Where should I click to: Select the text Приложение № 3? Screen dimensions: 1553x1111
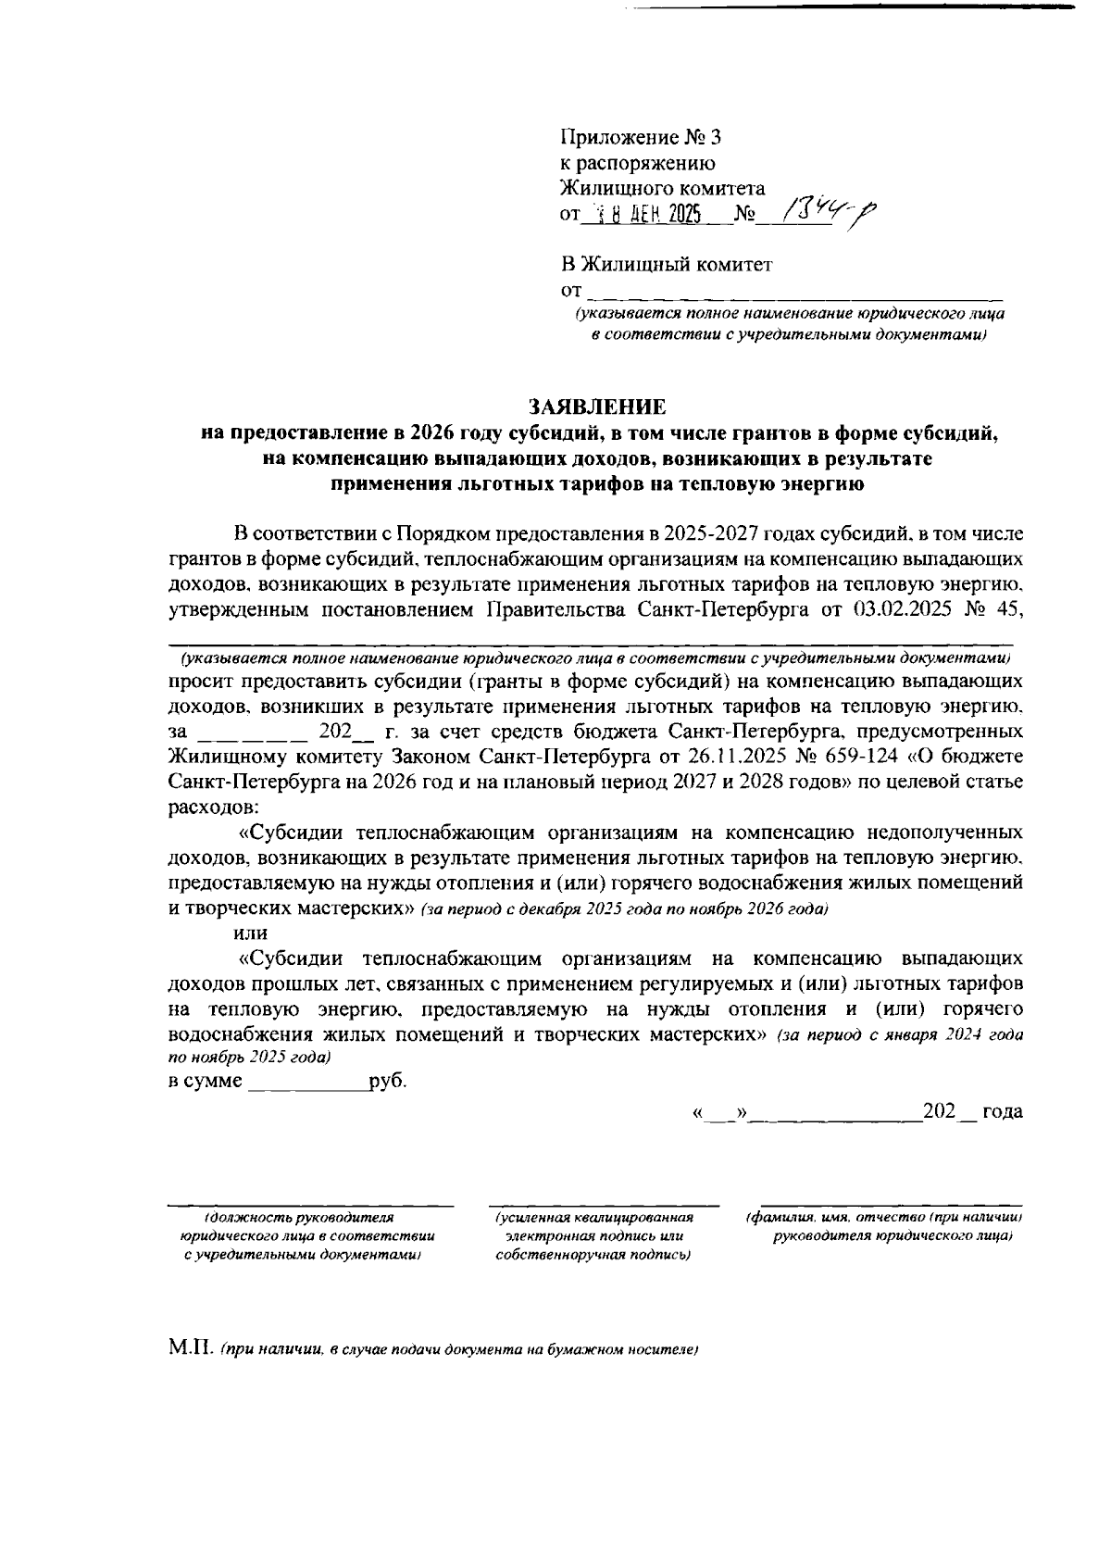(640, 138)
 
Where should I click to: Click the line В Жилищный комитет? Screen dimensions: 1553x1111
(666, 265)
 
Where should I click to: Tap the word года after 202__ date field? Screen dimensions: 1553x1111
(1002, 1111)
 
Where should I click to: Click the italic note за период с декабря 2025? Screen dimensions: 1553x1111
(624, 909)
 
